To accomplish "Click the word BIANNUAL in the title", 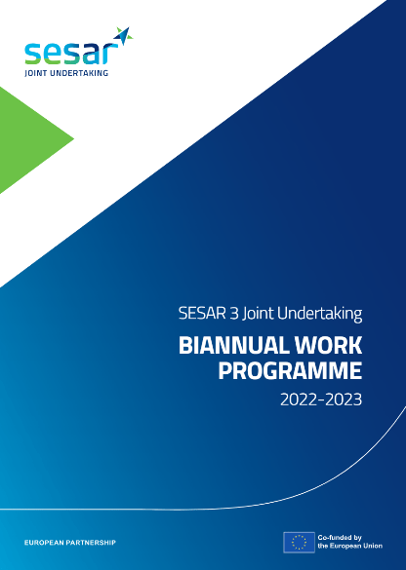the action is tap(234, 345).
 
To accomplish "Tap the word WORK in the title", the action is tap(329, 345).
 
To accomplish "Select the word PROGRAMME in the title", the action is tap(290, 371).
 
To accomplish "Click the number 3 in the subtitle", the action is tap(234, 314).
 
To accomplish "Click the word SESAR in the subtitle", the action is tap(202, 314).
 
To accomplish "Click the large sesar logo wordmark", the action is tap(71, 54).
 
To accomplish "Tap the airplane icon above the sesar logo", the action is tap(123, 35).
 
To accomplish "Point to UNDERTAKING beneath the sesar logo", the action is tap(79, 73).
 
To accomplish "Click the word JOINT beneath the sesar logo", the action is tap(36, 73).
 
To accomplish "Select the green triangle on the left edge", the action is tap(24, 139).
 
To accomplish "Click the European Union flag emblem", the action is tap(299, 543).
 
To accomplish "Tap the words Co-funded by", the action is tap(340, 537).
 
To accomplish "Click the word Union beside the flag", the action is tap(374, 546).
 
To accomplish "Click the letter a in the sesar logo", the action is tap(91, 55).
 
